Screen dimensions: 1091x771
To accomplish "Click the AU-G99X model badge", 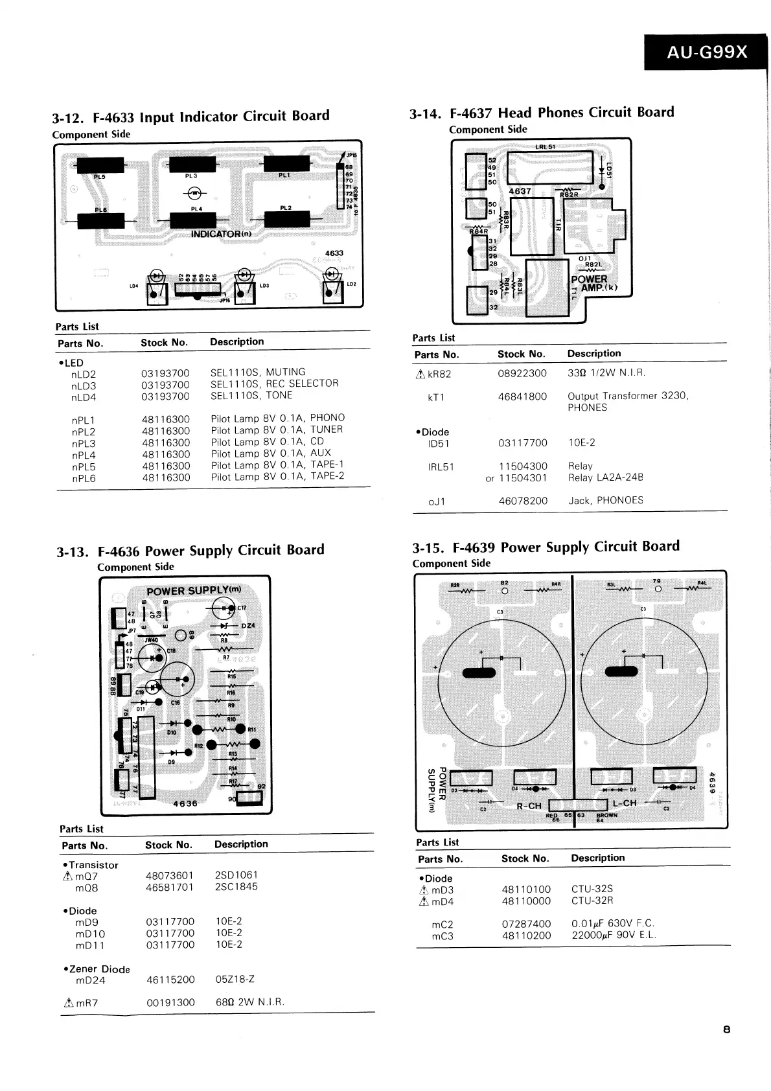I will click(x=707, y=52).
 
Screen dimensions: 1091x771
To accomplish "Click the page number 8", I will click(x=727, y=1029).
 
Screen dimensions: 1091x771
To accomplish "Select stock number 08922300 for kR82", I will click(x=522, y=373).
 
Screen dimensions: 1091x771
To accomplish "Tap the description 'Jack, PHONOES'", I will click(x=605, y=500).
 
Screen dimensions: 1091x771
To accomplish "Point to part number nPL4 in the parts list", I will click(x=84, y=454).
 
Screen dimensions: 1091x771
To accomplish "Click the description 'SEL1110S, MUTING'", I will click(x=257, y=372).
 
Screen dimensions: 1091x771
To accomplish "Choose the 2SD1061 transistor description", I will click(x=236, y=875).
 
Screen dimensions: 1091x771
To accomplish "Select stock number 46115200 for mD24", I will click(x=170, y=980).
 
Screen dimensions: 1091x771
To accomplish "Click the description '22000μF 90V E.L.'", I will click(x=614, y=935).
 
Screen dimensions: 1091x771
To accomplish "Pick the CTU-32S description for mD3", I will click(x=592, y=889).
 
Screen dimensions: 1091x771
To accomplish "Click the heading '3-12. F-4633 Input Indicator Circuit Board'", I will click(x=190, y=117).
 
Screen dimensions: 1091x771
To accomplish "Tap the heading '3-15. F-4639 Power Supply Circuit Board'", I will click(x=546, y=547).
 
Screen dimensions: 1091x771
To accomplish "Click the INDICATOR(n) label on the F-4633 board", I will click(x=220, y=233).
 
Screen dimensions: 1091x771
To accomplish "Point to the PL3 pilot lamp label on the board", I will click(x=190, y=176).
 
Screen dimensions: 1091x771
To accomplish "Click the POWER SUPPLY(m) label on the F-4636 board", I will click(x=193, y=590).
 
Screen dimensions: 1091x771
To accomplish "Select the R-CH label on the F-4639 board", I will click(x=529, y=806).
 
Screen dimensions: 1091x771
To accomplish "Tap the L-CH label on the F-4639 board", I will click(x=625, y=803).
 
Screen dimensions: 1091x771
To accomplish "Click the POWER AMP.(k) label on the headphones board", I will click(x=592, y=283).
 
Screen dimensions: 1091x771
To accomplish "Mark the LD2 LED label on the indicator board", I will click(x=351, y=284).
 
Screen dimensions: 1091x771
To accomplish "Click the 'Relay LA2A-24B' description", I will click(x=605, y=477).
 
